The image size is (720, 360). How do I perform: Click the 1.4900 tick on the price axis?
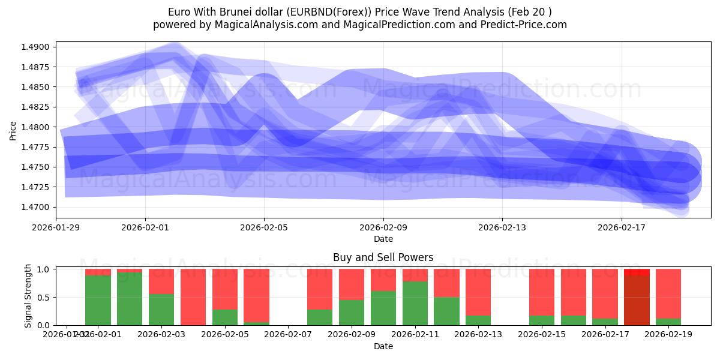(39, 47)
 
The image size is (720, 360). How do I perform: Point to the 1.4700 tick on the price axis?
(39, 207)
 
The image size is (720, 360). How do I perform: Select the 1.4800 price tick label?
(39, 127)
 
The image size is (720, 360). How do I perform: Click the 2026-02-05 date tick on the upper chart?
(264, 228)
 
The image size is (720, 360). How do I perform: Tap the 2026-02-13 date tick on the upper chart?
(502, 228)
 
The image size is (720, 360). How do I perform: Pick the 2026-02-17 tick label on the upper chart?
(621, 228)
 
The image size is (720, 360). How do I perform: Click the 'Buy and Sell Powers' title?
(383, 257)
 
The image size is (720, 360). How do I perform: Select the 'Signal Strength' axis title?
(28, 297)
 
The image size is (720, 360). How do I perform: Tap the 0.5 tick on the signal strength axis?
(44, 298)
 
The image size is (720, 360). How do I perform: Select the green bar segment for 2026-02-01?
(98, 301)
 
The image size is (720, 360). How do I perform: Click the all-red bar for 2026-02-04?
(193, 297)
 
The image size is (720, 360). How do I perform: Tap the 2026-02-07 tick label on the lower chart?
(289, 334)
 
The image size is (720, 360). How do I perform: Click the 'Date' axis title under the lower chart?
(383, 346)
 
